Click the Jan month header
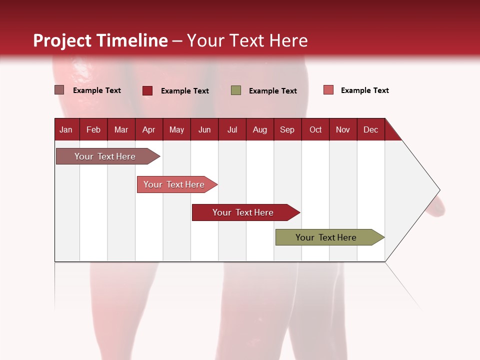pos(66,129)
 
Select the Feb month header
pos(93,129)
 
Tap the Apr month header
pos(148,129)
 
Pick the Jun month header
pos(204,129)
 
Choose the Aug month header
pos(259,129)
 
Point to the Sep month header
pos(287,129)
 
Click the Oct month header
pos(315,129)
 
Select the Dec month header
pos(370,129)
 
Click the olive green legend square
pos(236,90)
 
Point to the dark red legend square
pos(147,90)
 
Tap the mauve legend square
pos(59,90)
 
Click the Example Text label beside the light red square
pos(364,90)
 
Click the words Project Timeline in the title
pos(100,40)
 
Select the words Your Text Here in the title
pos(247,40)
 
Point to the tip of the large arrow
pos(438,190)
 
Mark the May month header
pos(176,129)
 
